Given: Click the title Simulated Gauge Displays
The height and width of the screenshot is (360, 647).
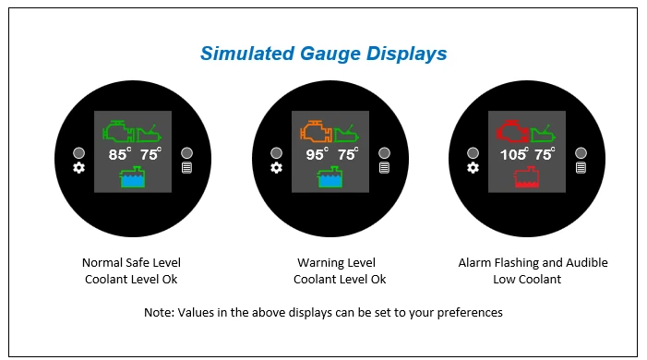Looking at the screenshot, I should point(323,54).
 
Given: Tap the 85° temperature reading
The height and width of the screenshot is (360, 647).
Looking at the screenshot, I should point(120,155).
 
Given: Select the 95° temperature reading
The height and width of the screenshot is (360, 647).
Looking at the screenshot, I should point(318,155).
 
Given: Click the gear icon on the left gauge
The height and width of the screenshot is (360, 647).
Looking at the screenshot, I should point(78,168).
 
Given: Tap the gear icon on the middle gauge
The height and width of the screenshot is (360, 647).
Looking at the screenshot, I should point(276,168).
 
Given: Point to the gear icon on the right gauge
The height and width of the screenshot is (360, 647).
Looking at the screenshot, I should point(473,168).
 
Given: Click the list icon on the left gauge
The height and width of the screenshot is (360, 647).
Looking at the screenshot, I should point(186,168).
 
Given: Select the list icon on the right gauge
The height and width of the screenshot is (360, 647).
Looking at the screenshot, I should point(581,168).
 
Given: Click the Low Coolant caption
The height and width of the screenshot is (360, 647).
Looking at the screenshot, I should point(533,280).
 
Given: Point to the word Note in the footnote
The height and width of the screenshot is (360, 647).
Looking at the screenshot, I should point(158,313).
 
